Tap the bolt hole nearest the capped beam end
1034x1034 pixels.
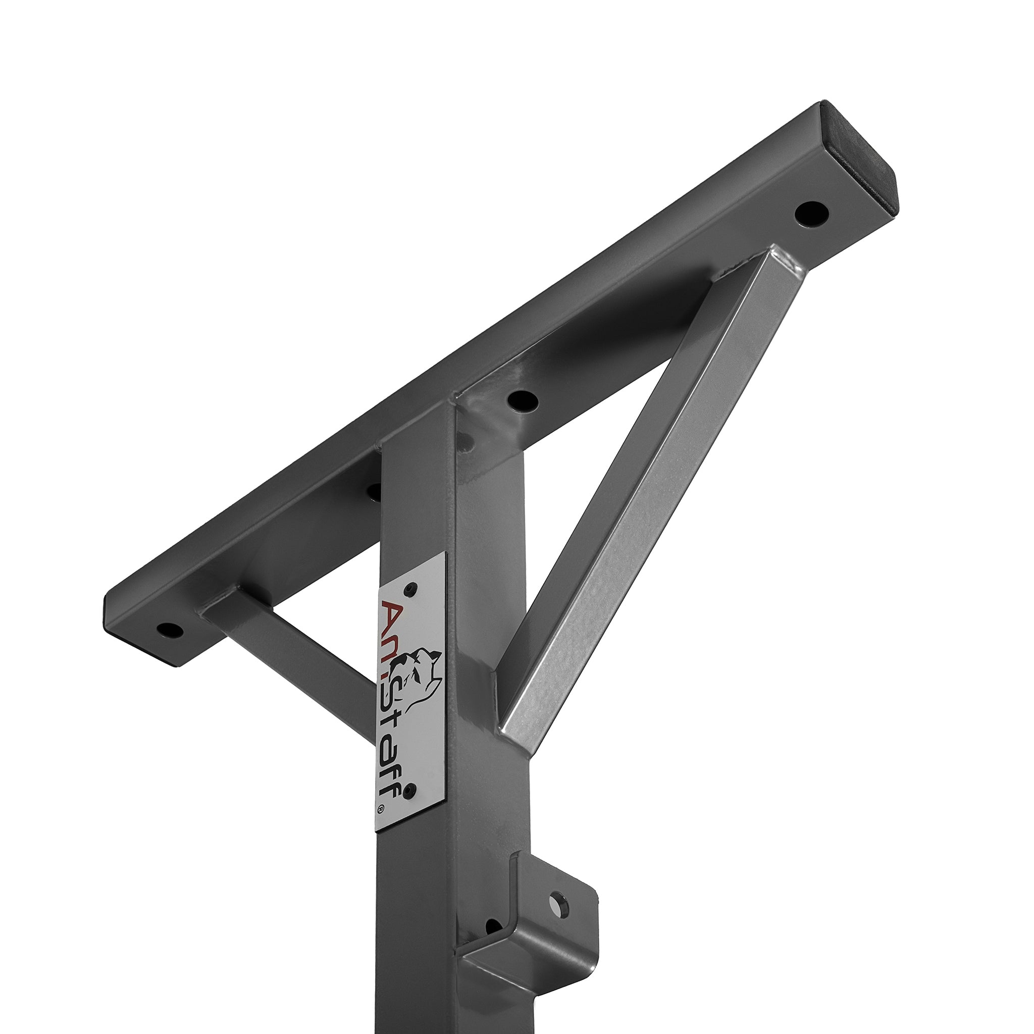[x=811, y=214]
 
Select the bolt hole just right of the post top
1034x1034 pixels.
[x=523, y=399]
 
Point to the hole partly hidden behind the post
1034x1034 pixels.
[x=375, y=490]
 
